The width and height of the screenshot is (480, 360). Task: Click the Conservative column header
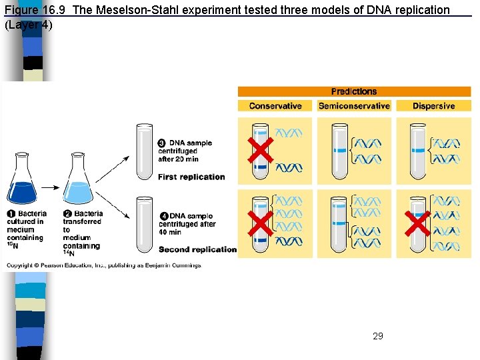275,106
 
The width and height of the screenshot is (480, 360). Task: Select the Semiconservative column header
354,106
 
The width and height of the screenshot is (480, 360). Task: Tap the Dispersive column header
433,106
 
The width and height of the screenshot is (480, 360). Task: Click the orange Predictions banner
354,92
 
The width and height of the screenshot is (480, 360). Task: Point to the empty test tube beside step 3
145,151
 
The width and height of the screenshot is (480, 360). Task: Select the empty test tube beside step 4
145,223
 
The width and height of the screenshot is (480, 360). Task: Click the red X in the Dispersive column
417,224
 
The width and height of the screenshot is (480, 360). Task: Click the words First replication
191,177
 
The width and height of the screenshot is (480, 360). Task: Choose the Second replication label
197,249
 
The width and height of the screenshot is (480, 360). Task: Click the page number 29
378,336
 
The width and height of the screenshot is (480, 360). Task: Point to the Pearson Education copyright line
103,265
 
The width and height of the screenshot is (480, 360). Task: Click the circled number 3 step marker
162,143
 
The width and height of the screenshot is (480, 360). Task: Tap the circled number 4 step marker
164,216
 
